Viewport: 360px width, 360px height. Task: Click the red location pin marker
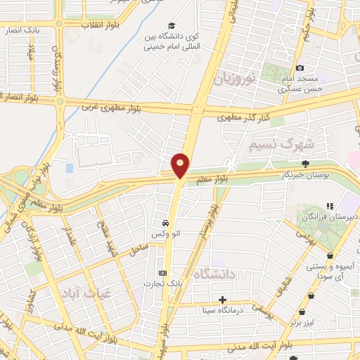point(181,165)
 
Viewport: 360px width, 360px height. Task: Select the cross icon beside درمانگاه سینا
point(223,300)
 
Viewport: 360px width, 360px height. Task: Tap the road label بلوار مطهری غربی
point(107,108)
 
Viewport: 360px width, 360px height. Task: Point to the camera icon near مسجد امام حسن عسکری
point(300,68)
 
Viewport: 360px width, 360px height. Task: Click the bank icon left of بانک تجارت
point(163,273)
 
